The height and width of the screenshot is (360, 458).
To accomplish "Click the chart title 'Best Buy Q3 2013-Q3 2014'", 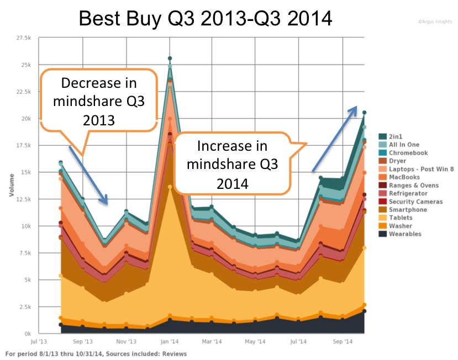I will tap(206, 19).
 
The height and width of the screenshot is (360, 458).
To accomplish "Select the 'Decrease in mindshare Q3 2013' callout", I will tap(98, 101).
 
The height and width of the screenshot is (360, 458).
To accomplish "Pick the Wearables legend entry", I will tap(404, 234).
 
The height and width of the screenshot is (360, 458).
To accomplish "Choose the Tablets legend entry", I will tap(401, 218).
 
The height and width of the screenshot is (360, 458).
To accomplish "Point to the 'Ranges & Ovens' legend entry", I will tap(411, 185).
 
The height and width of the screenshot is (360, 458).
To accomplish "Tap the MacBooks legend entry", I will tap(402, 177).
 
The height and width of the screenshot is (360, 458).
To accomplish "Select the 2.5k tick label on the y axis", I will tap(25, 306).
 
